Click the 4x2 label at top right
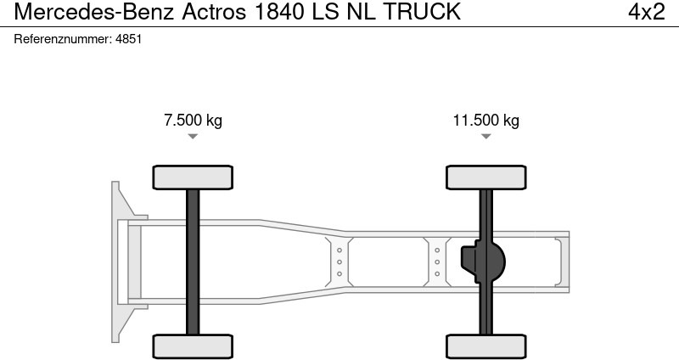click(x=644, y=12)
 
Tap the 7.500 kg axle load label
click(x=193, y=120)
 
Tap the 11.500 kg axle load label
click(x=485, y=120)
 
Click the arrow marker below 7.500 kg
click(x=193, y=136)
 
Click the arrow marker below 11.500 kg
click(x=485, y=136)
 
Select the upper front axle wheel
click(x=193, y=177)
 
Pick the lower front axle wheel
click(x=193, y=346)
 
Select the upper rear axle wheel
click(x=485, y=177)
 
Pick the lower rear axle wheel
click(x=485, y=346)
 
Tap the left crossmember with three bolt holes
click(x=339, y=262)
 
